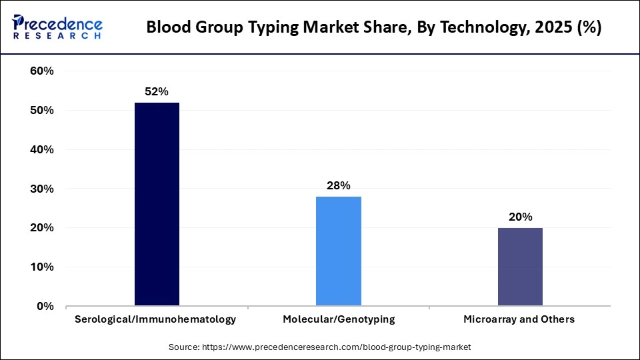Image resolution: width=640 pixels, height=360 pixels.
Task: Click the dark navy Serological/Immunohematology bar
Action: click(157, 204)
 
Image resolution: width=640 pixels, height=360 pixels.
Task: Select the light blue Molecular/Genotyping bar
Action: click(339, 251)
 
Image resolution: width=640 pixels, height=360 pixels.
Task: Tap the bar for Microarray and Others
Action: click(520, 267)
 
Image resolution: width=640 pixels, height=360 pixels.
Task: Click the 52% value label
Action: click(157, 92)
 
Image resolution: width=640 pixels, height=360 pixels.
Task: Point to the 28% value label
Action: click(339, 186)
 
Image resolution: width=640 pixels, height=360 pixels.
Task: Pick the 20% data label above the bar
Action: click(520, 217)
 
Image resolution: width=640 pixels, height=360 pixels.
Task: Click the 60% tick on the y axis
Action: click(41, 71)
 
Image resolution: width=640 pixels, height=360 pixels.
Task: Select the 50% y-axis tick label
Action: click(41, 111)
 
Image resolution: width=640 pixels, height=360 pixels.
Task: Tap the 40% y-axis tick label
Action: click(41, 150)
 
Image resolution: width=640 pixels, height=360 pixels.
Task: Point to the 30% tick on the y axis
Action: click(41, 189)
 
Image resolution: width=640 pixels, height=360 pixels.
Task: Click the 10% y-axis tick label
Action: click(41, 267)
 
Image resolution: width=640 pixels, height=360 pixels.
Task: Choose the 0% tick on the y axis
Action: click(45, 307)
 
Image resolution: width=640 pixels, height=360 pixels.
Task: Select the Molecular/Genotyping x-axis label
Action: click(339, 319)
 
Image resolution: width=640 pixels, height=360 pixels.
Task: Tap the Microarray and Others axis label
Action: click(519, 319)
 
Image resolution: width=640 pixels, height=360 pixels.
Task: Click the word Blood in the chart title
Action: click(165, 28)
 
